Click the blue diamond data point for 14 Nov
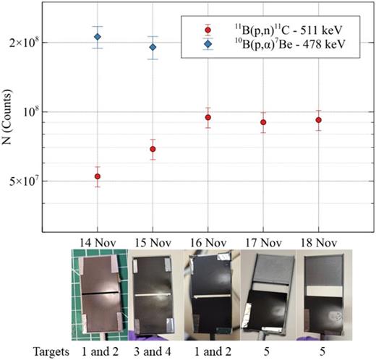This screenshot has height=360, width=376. tap(98, 37)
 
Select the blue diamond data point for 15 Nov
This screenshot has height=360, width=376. tap(153, 47)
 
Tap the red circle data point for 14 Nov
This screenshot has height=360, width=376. tap(98, 176)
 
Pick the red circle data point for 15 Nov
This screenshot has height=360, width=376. tap(153, 149)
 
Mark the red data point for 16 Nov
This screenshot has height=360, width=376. tap(208, 118)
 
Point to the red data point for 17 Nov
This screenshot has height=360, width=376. tap(263, 122)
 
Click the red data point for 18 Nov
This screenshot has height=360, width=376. tap(318, 120)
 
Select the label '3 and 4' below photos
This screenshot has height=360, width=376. tap(152, 349)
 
